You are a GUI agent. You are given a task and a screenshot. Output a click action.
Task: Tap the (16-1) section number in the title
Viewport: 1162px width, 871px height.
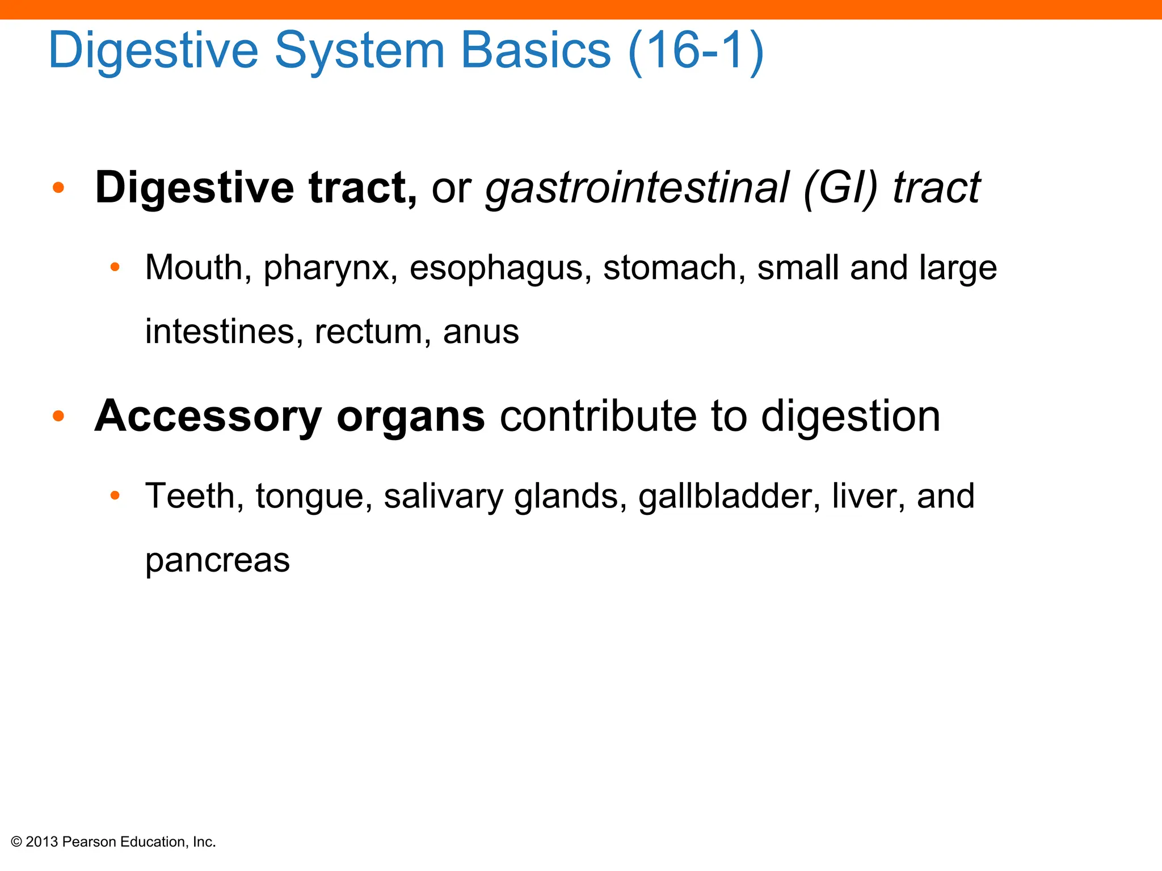696,51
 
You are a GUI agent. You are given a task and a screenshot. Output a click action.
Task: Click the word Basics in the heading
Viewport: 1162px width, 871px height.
536,51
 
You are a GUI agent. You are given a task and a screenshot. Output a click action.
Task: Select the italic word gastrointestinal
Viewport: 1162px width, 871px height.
637,188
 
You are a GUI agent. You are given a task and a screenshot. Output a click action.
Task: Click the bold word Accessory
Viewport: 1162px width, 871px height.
208,417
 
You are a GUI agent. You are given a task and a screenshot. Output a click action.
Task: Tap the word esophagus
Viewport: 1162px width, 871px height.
496,269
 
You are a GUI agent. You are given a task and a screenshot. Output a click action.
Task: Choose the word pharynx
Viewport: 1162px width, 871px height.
326,269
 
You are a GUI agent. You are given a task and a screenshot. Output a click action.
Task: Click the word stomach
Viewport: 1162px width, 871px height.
670,268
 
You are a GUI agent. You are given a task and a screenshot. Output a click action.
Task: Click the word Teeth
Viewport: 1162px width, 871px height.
190,496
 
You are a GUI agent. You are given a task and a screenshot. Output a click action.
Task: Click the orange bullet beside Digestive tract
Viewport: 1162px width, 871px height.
58,188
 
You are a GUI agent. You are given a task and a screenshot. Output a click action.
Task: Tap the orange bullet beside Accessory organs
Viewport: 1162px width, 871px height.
58,416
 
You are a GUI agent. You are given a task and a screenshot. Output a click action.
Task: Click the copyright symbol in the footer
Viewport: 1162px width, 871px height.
16,842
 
